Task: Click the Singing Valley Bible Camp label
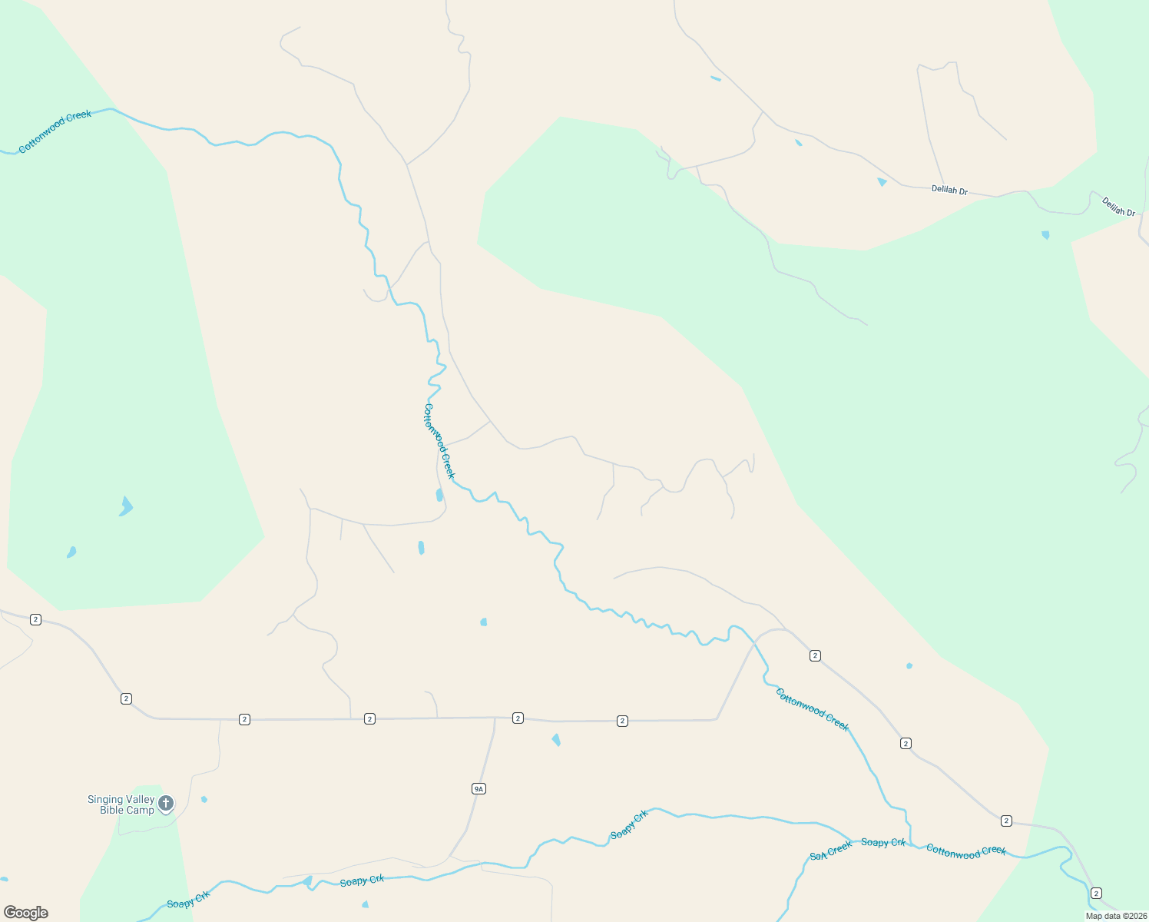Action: (121, 804)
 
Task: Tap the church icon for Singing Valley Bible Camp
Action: (165, 804)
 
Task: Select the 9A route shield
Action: (478, 788)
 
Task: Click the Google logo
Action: (26, 913)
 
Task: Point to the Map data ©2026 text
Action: (1116, 916)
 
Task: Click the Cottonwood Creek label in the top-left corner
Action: (55, 131)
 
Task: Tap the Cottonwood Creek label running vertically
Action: (439, 441)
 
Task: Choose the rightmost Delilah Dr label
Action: (1118, 207)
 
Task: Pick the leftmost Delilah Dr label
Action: (949, 190)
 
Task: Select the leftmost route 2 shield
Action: (35, 619)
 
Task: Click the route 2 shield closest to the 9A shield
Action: (518, 718)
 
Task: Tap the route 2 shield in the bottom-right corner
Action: (1096, 893)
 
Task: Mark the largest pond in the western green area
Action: (126, 506)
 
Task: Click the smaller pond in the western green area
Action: (71, 552)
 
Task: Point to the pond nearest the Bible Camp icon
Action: (204, 799)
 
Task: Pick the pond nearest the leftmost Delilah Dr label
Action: (882, 182)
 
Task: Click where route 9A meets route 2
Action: (495, 718)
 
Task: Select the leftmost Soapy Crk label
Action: (188, 899)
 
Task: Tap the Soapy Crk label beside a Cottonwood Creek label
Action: (883, 843)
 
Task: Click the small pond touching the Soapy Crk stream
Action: (307, 881)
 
